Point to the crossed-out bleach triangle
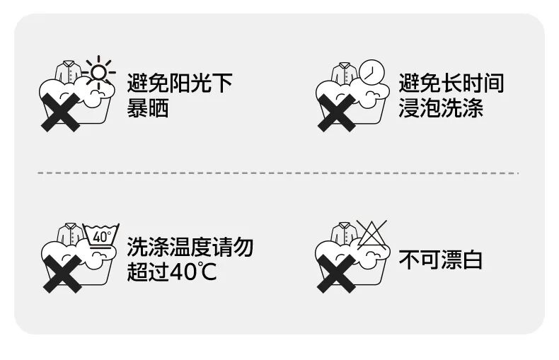click(x=371, y=232)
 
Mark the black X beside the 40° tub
click(x=60, y=274)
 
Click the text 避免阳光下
click(x=180, y=83)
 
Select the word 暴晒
click(x=148, y=109)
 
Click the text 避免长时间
click(x=451, y=83)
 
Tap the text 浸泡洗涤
click(x=440, y=109)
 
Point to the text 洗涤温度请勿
click(x=190, y=247)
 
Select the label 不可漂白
click(x=440, y=260)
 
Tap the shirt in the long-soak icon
click(x=343, y=71)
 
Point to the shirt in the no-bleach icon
click(x=343, y=233)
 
